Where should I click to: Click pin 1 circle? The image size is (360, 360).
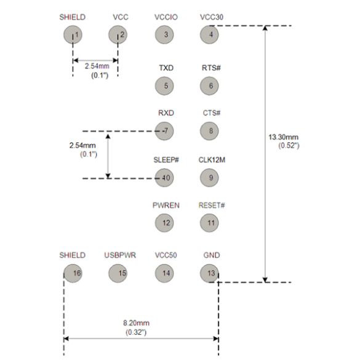point(73,34)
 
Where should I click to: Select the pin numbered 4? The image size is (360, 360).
point(209,34)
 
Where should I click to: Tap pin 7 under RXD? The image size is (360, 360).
point(164,131)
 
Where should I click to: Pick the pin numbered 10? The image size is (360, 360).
point(164,178)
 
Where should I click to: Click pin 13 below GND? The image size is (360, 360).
point(209,273)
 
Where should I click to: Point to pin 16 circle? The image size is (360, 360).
point(73,273)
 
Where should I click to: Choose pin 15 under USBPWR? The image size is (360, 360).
point(118,273)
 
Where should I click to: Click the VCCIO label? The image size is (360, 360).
point(166,17)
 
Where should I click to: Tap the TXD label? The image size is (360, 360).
point(166,68)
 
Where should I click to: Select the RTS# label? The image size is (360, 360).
point(211,68)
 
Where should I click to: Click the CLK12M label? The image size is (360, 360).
point(212,160)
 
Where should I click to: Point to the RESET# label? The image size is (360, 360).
point(212,206)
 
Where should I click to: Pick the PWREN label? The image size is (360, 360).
point(166,206)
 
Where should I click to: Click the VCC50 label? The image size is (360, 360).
point(166,255)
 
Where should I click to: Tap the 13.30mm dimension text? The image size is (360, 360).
point(284,137)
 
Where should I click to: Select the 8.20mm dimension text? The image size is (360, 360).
point(136,323)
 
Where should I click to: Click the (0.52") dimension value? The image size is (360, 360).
point(289,146)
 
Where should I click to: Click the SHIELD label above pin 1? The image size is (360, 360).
point(73,17)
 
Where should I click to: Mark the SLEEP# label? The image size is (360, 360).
point(166,160)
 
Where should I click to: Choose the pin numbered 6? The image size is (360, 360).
point(209,86)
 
